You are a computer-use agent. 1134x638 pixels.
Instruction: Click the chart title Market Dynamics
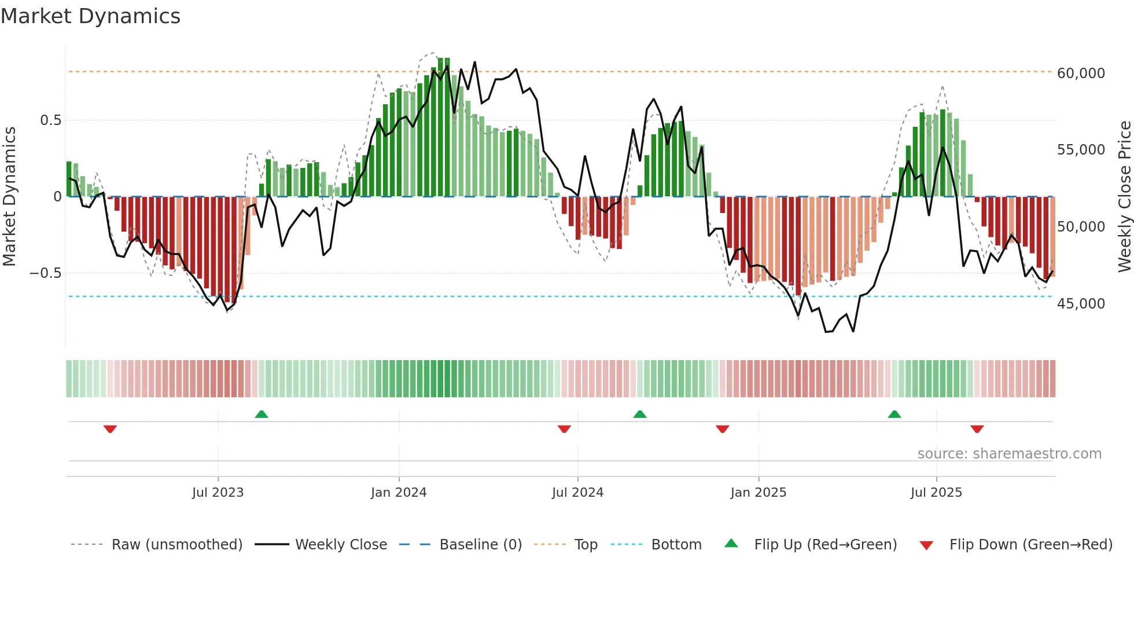(x=90, y=16)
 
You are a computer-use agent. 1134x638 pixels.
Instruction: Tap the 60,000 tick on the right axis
(x=1080, y=74)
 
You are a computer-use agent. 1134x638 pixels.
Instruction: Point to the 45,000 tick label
(x=1080, y=304)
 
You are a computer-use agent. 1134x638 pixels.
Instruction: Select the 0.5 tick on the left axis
(x=50, y=120)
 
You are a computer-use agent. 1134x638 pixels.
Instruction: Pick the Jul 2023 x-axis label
(x=218, y=493)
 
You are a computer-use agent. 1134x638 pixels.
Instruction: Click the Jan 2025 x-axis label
(x=758, y=493)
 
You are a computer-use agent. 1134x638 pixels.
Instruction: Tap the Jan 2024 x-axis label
(x=399, y=493)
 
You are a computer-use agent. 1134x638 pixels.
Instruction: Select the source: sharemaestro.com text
(x=1009, y=454)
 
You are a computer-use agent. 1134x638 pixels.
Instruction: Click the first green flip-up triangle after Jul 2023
(x=262, y=414)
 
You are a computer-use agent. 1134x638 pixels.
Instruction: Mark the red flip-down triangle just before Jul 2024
(x=564, y=429)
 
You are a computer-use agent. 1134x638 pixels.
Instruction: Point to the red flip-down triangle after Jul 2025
(x=977, y=429)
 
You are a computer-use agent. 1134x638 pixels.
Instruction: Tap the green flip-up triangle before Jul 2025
(x=894, y=414)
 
